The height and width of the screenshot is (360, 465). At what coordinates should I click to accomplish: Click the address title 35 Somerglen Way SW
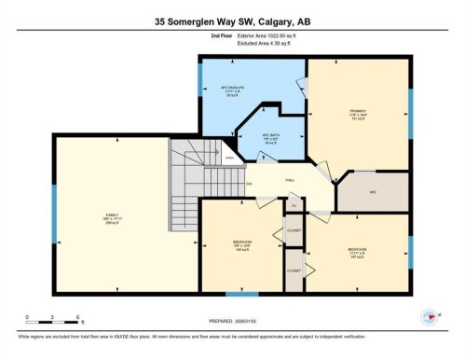(x=232, y=21)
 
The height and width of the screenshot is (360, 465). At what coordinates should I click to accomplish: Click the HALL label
(x=290, y=179)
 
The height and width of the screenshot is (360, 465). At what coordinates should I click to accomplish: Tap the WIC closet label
(x=373, y=191)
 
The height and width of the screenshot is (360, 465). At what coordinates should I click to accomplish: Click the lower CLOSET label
(x=294, y=270)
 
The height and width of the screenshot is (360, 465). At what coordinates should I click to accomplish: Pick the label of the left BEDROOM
(x=240, y=247)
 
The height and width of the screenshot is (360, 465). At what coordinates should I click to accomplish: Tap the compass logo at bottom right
(x=430, y=316)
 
